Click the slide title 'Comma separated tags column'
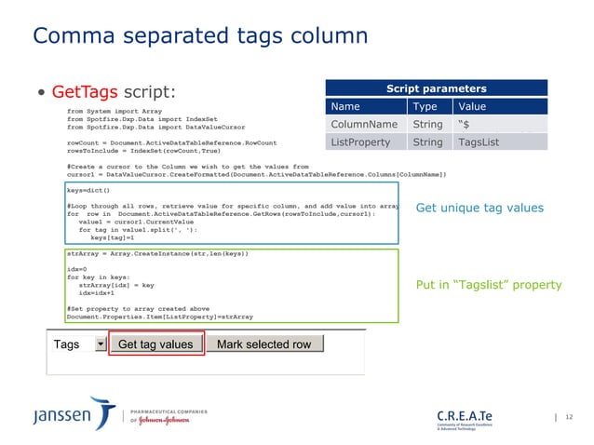pyautogui.click(x=200, y=36)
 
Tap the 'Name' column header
pyautogui.click(x=345, y=107)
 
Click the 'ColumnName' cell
pyautogui.click(x=364, y=125)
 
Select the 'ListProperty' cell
pyautogui.click(x=363, y=142)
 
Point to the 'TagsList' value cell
pyautogui.click(x=479, y=142)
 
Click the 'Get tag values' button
pyautogui.click(x=156, y=344)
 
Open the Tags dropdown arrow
pyautogui.click(x=101, y=344)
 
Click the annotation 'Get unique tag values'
pyautogui.click(x=479, y=208)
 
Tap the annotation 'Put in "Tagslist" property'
pyautogui.click(x=489, y=285)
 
